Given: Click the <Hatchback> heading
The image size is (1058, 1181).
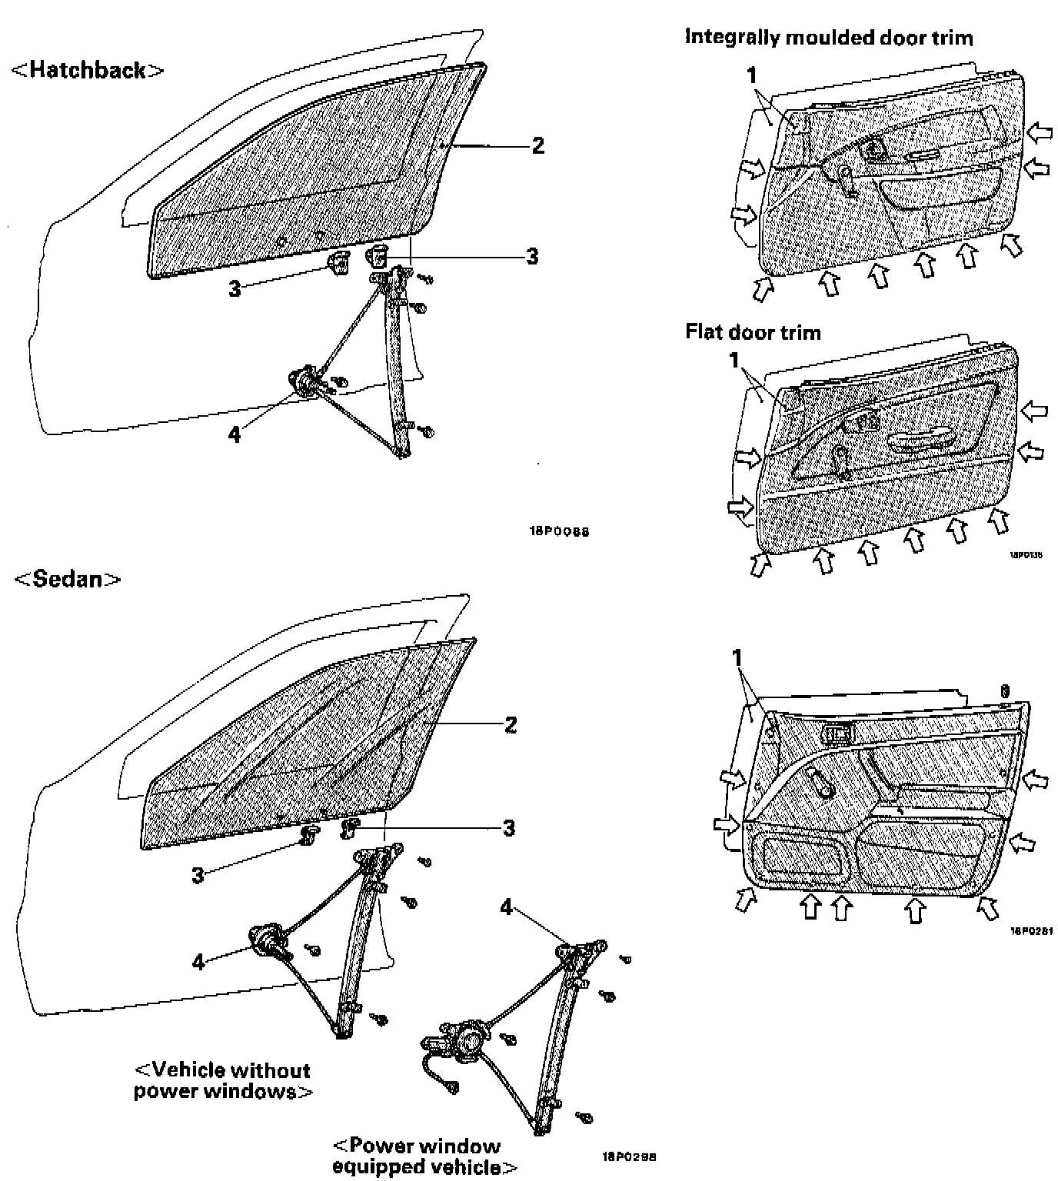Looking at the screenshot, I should click(88, 71).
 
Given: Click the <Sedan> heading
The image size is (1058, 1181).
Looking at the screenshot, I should click(68, 578).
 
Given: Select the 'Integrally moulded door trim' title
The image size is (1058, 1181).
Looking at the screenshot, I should click(829, 37).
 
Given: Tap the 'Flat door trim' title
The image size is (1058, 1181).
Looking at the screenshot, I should click(753, 332).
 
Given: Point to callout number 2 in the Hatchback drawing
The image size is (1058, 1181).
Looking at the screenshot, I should click(537, 145).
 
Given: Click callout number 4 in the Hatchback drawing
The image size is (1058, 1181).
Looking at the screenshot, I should click(234, 434).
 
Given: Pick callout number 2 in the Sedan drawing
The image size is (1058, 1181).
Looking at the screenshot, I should click(510, 724).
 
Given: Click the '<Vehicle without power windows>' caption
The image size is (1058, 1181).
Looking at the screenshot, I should click(223, 1080).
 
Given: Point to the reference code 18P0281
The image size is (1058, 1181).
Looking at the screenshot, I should click(1031, 930).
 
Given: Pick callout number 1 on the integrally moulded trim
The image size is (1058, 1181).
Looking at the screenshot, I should click(751, 75).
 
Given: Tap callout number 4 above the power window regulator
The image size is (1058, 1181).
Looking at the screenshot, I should click(506, 907).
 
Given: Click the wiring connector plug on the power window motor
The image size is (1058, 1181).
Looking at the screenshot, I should click(451, 1086).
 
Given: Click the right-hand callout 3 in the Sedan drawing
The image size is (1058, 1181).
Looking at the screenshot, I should click(508, 828).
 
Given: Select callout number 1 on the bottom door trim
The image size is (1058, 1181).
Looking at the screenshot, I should click(737, 658).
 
